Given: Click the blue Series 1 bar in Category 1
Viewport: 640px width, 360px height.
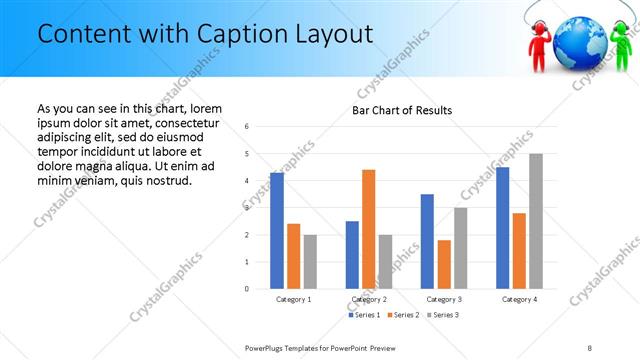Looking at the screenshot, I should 277,231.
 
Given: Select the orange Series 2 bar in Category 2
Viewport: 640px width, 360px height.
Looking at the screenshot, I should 369,229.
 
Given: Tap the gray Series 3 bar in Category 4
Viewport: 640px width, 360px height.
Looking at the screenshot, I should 536,221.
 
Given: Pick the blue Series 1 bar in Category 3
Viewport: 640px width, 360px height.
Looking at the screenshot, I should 428,241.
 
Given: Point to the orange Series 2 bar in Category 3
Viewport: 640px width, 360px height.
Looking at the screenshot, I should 444,264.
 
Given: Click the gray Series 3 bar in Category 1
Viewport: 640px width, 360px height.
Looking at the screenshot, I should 310,262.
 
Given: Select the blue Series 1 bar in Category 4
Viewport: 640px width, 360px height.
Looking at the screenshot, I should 503,228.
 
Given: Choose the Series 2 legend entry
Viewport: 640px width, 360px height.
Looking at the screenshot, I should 404,315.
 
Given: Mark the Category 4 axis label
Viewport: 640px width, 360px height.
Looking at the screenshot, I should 518,299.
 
